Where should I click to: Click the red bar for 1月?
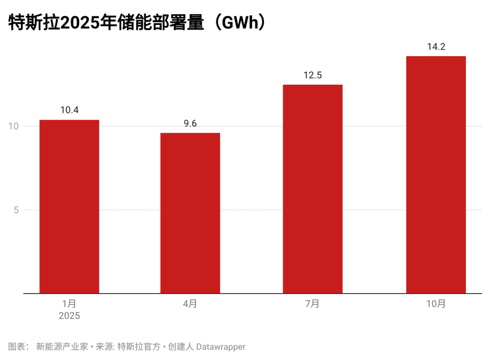[69, 206]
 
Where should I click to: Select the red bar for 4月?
[190, 213]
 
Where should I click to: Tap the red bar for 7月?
[312, 189]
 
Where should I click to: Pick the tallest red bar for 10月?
[436, 175]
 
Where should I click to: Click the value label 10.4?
[69, 110]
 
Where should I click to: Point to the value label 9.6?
[190, 123]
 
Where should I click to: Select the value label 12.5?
[312, 75]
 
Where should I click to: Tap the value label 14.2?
[436, 46]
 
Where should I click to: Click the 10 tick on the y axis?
[13, 126]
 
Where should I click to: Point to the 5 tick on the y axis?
[16, 210]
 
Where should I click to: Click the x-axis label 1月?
[69, 304]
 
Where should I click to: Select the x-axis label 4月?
[190, 304]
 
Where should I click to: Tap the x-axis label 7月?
[312, 304]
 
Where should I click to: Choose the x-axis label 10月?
[436, 304]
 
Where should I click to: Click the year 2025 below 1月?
[69, 316]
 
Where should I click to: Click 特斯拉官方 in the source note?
[138, 347]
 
